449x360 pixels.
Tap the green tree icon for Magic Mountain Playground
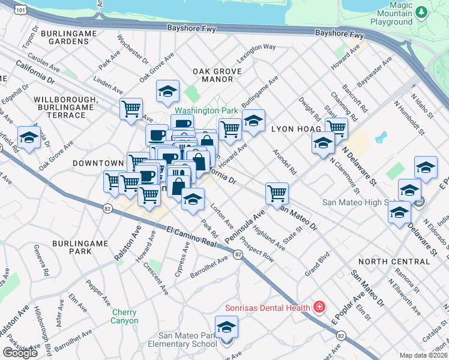[421, 11]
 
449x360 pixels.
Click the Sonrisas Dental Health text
[267, 308]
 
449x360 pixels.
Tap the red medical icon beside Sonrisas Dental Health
[319, 308]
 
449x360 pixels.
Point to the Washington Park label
[206, 111]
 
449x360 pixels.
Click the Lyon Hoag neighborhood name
[292, 128]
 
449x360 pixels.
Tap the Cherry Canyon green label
[124, 316]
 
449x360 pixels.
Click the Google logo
[20, 353]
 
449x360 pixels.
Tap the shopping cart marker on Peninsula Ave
[277, 193]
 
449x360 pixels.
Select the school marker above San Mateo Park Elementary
[226, 327]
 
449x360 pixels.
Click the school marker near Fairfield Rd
[28, 137]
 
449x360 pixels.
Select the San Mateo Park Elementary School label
[187, 340]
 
